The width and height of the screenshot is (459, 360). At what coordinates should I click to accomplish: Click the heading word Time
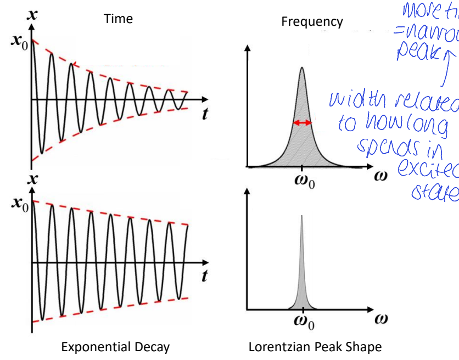pyautogui.click(x=119, y=19)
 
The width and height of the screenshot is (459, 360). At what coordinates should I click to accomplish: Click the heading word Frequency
pyautogui.click(x=312, y=21)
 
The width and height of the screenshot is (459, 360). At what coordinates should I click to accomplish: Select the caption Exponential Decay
pyautogui.click(x=115, y=347)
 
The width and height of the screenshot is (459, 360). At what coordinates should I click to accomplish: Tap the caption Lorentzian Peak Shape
pyautogui.click(x=315, y=347)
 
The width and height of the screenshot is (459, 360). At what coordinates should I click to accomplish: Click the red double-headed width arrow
pyautogui.click(x=302, y=123)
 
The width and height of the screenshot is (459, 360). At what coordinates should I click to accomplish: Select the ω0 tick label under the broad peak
pyautogui.click(x=302, y=181)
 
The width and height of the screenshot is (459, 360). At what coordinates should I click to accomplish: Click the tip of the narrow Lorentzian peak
pyautogui.click(x=301, y=216)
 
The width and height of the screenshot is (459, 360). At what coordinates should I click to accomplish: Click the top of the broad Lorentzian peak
pyautogui.click(x=301, y=68)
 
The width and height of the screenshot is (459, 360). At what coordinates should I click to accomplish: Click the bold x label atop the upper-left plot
pyautogui.click(x=33, y=15)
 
